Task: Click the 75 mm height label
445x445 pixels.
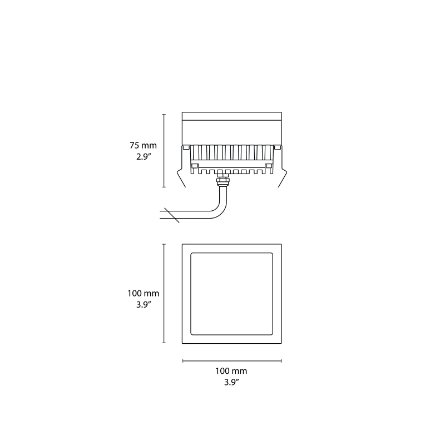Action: [144, 145]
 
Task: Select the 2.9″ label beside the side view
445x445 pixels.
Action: [144, 157]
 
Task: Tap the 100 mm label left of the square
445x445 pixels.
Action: [144, 293]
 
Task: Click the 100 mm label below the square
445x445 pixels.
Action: [231, 371]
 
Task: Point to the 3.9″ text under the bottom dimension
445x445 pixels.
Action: [231, 382]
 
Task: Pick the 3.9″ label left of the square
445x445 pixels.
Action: [144, 304]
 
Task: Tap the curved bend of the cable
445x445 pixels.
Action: [220, 210]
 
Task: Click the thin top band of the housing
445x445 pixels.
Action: [232, 117]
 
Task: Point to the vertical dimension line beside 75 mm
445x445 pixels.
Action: [164, 151]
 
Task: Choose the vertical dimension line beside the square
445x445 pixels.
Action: [164, 293]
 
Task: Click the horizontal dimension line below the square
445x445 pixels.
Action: [232, 361]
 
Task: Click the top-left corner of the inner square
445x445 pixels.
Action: [192, 254]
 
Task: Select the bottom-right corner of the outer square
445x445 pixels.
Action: [281, 343]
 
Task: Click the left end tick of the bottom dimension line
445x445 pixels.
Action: [183, 361]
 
